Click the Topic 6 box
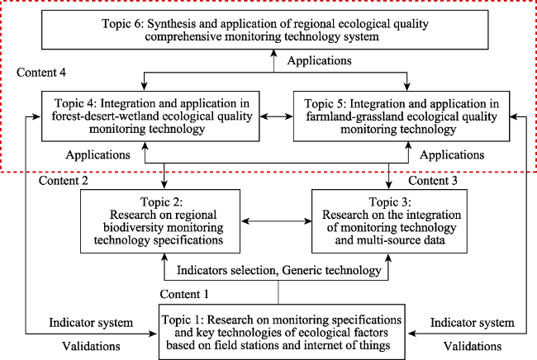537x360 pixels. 264,30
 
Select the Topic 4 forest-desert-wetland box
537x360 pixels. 150,116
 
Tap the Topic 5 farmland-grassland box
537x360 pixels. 402,116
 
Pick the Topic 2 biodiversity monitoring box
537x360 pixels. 160,221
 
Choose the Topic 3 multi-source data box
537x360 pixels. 389,221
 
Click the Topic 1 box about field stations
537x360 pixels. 282,332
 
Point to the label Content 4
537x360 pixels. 41,73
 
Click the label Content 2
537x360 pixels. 64,180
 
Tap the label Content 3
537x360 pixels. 433,180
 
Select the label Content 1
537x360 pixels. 184,294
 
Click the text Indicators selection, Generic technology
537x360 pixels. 278,270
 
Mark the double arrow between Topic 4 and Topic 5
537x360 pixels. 277,116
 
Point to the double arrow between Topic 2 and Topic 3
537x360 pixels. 276,221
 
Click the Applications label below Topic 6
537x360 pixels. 319,60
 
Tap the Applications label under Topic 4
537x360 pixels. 98,155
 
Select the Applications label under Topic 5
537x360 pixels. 452,155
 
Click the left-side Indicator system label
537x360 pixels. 91,323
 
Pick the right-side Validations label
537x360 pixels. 473,346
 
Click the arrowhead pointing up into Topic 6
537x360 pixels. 273,54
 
